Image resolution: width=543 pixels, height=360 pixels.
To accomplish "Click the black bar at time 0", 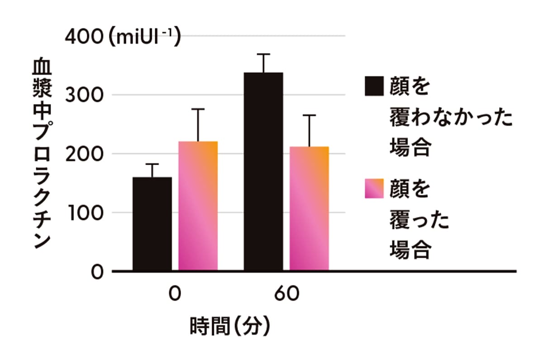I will coord(152,224).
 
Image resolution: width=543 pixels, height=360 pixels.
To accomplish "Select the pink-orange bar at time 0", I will coord(198,206).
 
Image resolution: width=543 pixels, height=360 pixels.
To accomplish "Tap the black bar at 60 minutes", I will coord(263,172).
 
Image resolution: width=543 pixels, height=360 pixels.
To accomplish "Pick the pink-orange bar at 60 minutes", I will coord(310,209).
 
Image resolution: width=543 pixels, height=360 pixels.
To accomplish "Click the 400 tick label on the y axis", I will coord(85,37).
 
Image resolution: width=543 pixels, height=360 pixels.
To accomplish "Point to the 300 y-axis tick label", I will coord(85,95).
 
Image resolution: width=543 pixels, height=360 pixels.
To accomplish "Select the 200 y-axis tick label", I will coord(85,154).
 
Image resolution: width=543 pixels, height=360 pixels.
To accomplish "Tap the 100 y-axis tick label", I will coord(85,213).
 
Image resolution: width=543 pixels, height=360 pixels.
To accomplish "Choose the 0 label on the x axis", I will coord(175,295).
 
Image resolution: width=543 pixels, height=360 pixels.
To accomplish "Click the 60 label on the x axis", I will coord(286,295).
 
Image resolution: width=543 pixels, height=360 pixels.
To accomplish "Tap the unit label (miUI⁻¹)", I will coord(144,37).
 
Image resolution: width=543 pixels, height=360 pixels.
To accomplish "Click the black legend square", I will coord(374,86).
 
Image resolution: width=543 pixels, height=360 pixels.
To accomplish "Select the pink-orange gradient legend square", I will coord(374,189).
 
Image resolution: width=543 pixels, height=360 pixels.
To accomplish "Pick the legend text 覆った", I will coord(419,221).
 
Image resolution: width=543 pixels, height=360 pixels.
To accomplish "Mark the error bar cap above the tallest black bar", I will coord(263,54).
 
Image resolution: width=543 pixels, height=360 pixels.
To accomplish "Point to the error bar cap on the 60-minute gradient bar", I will coord(310,115).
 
